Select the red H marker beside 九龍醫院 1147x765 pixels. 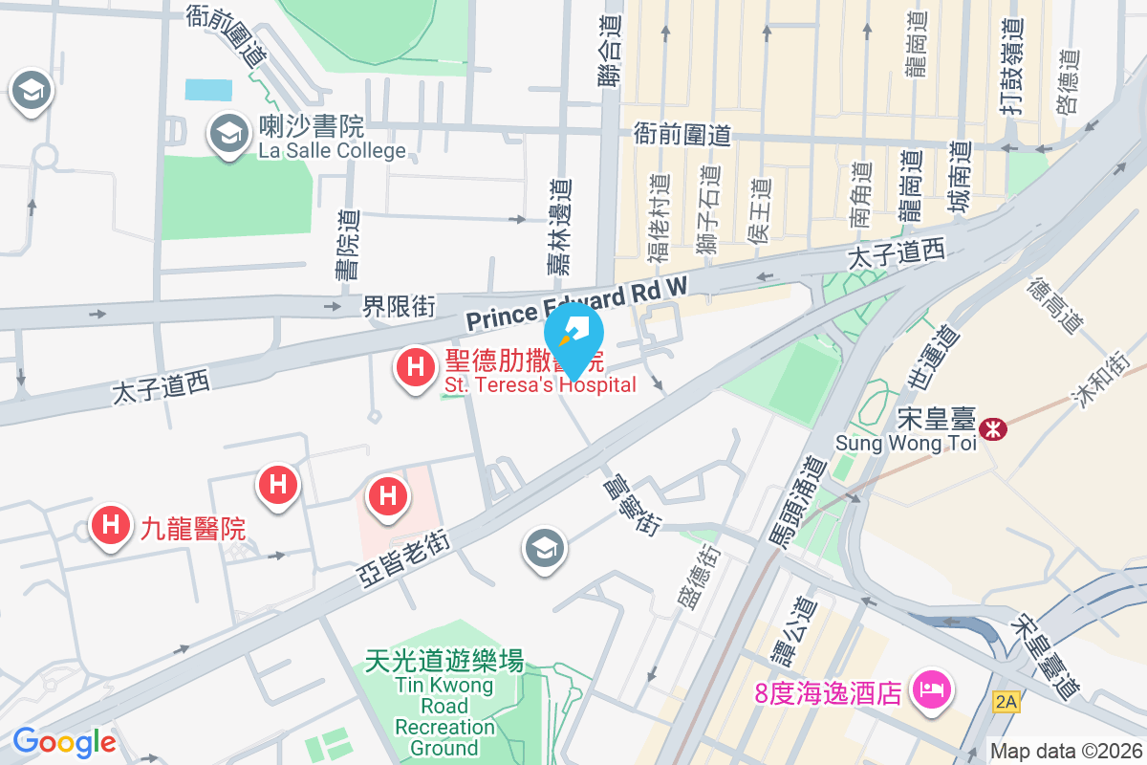pyautogui.click(x=111, y=526)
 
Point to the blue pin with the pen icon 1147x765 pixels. pyautogui.click(x=573, y=337)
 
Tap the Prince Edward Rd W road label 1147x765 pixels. pyautogui.click(x=576, y=303)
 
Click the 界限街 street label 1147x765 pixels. pyautogui.click(x=399, y=307)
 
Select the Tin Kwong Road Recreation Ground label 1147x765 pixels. pyautogui.click(x=445, y=706)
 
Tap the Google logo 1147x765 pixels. pyautogui.click(x=64, y=741)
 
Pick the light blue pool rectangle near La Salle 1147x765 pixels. pyautogui.click(x=208, y=90)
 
